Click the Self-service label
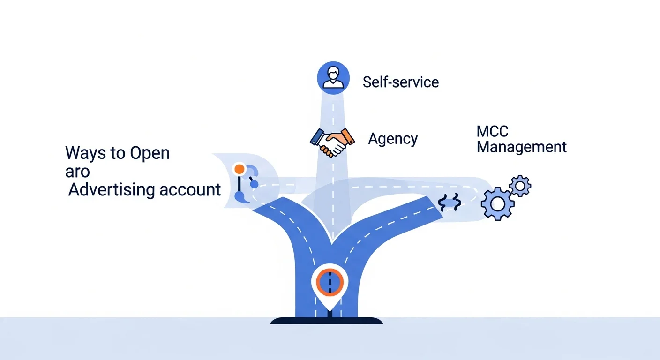coord(401,82)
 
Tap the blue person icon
coord(333,77)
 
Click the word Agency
coord(393,139)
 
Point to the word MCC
coord(492,132)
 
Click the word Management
coord(521,147)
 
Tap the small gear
coord(520,186)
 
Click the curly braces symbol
coord(450,202)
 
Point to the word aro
coord(77,172)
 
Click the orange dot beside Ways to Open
coord(239,169)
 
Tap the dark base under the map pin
coord(326,321)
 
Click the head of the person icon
coord(333,73)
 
